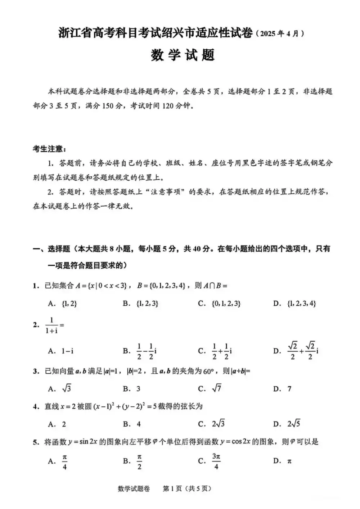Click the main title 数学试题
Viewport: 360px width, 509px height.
click(x=183, y=55)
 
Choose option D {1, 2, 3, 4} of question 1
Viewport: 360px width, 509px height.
click(x=302, y=303)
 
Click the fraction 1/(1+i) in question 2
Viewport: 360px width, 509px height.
click(x=52, y=325)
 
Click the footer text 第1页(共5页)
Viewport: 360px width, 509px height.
click(x=187, y=488)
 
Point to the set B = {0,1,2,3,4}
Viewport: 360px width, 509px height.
click(x=161, y=286)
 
